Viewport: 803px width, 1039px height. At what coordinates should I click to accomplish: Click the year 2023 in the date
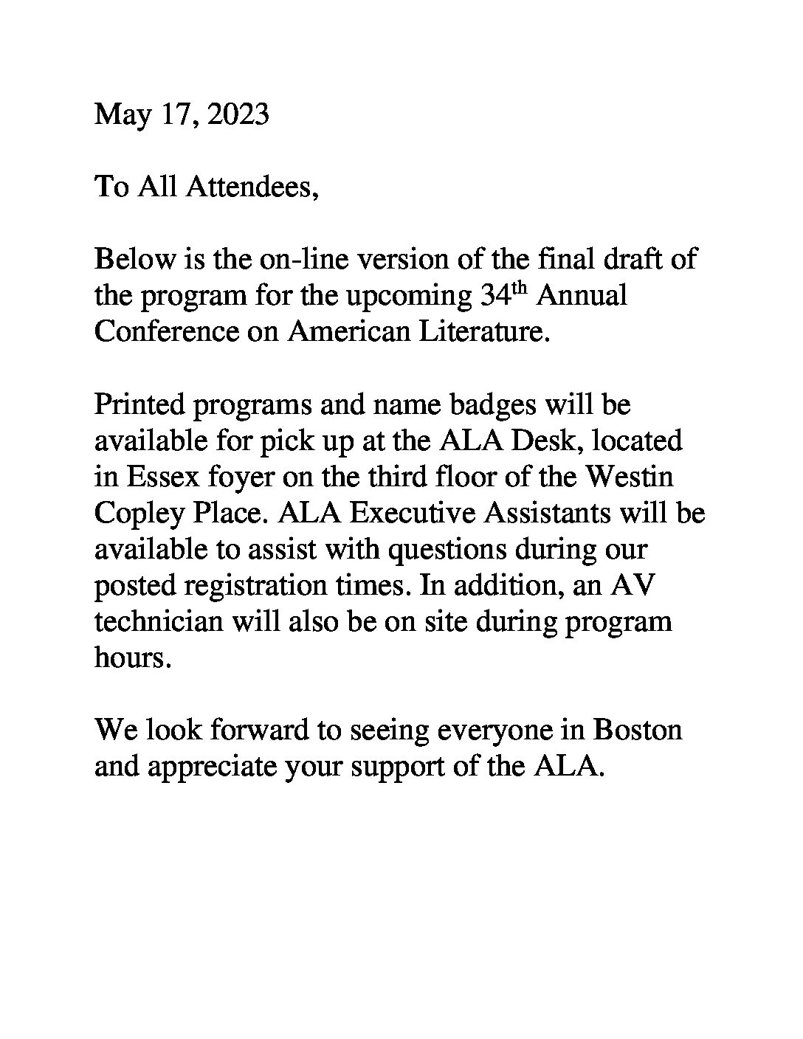click(238, 115)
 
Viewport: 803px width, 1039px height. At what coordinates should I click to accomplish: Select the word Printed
click(140, 404)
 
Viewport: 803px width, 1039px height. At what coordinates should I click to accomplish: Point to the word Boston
click(638, 731)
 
